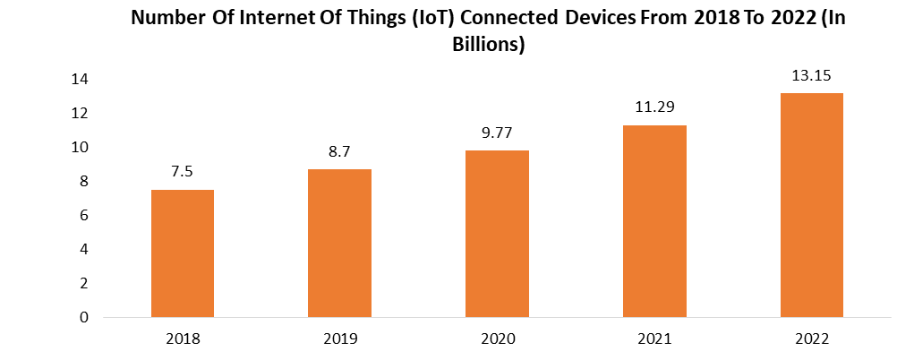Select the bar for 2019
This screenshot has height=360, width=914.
tap(339, 243)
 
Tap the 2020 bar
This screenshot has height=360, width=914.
tap(497, 234)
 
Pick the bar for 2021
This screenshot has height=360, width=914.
tap(654, 221)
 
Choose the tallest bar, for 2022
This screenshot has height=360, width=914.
tap(812, 205)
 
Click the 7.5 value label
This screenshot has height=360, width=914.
tap(182, 172)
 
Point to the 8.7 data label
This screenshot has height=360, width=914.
tap(339, 151)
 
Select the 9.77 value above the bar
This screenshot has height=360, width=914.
tap(497, 133)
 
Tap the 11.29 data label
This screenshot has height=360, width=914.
tap(654, 107)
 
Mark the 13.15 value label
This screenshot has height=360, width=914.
tap(812, 75)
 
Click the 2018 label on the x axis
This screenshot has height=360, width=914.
tap(182, 339)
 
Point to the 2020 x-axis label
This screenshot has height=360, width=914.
tap(497, 339)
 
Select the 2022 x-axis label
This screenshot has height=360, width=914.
tap(812, 339)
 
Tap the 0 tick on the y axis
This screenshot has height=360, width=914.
tap(83, 317)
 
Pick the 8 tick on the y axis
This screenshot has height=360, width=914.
tap(83, 181)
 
